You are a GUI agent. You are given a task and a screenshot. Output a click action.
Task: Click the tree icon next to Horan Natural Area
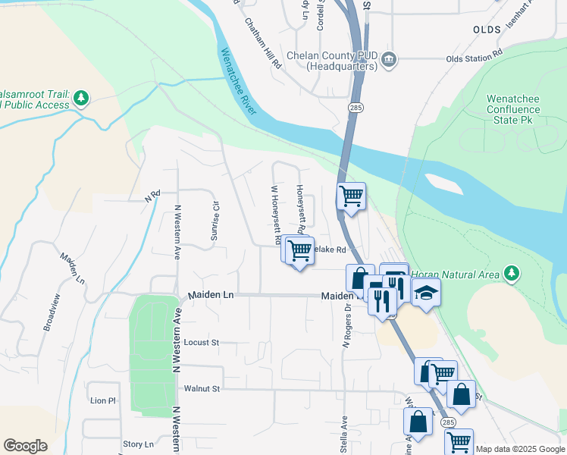click(x=512, y=273)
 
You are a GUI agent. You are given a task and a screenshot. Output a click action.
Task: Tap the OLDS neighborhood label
click(x=487, y=30)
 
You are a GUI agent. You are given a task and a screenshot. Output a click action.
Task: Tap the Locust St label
click(x=201, y=343)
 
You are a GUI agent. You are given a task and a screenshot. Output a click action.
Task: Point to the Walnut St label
click(x=201, y=389)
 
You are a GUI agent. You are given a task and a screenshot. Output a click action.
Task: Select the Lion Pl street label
click(x=102, y=400)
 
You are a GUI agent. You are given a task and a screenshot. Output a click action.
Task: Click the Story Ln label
click(x=137, y=444)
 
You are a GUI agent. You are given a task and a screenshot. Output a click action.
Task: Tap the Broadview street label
click(x=51, y=310)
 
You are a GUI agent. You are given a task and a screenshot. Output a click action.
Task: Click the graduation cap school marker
click(x=426, y=293)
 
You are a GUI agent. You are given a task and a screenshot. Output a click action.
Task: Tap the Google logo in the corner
click(x=25, y=446)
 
